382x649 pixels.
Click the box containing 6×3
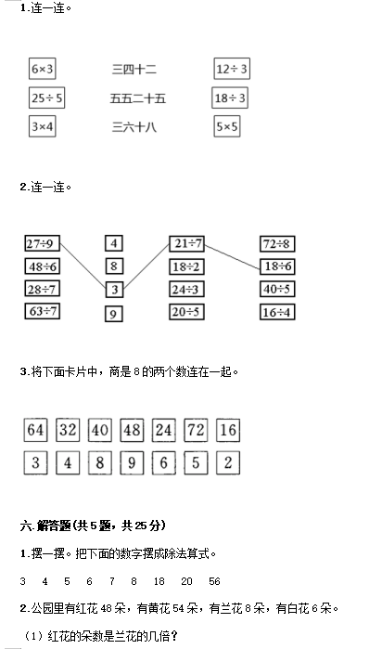42,69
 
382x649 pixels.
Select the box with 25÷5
46,97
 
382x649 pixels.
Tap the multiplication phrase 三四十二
134,69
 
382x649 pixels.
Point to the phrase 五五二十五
137,98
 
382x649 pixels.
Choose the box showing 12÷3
232,69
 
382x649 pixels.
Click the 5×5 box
227,126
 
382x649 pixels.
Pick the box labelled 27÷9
42,243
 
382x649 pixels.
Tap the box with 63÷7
42,311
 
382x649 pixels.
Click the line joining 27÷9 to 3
83,266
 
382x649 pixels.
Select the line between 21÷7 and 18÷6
233,256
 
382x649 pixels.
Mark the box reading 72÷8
277,244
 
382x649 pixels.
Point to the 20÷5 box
187,312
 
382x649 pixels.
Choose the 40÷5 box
277,289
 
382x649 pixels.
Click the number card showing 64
35,430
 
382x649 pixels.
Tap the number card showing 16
228,430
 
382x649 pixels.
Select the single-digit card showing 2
228,462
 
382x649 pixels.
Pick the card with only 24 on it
164,430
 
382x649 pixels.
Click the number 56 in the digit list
214,581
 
